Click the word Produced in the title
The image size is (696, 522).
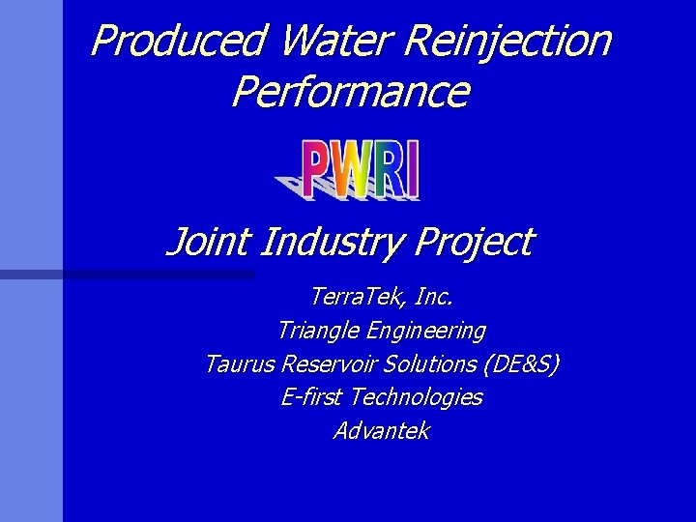(x=178, y=41)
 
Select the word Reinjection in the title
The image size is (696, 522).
(x=509, y=41)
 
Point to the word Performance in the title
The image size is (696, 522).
(x=350, y=92)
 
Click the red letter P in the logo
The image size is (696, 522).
(x=319, y=170)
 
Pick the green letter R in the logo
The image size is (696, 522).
(x=389, y=170)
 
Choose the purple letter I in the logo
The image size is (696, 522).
(x=413, y=170)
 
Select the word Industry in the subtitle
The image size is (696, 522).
(x=324, y=242)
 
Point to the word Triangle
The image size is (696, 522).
(x=318, y=331)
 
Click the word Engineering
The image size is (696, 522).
(x=426, y=331)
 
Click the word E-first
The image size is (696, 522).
(x=312, y=397)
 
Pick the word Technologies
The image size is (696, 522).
(x=417, y=397)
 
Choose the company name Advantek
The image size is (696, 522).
(x=381, y=431)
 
